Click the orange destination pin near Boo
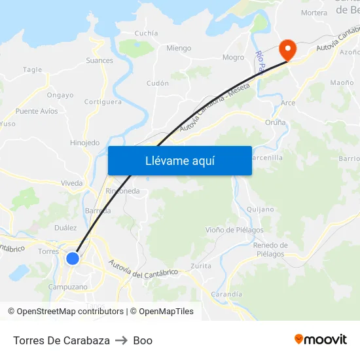287,48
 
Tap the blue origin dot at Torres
73,259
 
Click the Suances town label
99,61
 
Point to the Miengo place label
179,48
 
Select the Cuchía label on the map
146,33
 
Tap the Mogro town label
233,58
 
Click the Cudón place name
158,84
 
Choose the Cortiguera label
103,102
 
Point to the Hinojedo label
85,143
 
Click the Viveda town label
71,183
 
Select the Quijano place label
260,209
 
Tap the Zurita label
201,266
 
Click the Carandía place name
226,295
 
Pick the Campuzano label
68,287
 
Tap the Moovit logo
321,340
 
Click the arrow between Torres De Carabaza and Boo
121,340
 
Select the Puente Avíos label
37,111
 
